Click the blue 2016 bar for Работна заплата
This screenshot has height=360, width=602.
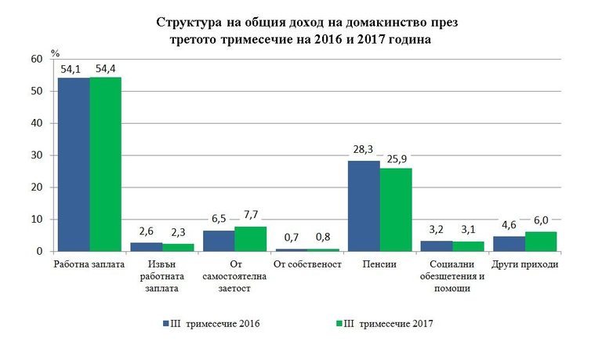coord(73,165)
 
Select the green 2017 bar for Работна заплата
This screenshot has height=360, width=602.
coord(106,164)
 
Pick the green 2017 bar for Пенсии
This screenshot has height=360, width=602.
coord(396,209)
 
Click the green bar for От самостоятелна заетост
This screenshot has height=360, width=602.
coord(250,238)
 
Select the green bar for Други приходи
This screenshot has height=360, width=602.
coord(540,242)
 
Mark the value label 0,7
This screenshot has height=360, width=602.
coord(290,238)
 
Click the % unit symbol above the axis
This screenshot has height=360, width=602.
coord(56,53)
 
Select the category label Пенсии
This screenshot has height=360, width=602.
coord(379,264)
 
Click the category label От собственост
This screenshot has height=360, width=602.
coord(307,264)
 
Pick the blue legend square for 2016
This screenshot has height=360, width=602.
coord(165,322)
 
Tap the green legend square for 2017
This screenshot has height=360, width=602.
coord(339,322)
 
